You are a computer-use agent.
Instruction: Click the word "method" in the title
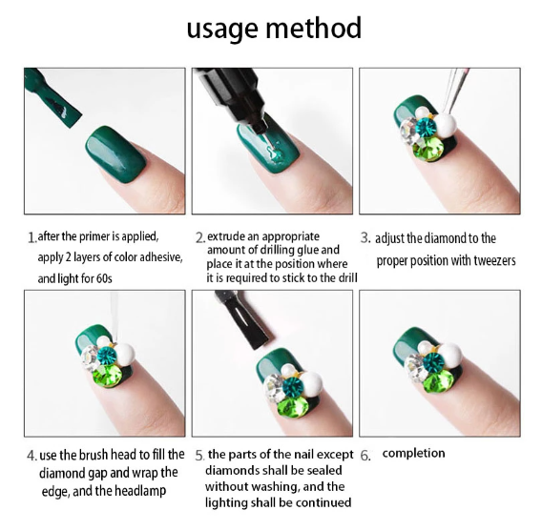pyautogui.click(x=313, y=28)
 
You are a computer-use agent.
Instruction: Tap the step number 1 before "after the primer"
pyautogui.click(x=31, y=237)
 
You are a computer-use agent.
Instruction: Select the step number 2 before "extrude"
pyautogui.click(x=200, y=238)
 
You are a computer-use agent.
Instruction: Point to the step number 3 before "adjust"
pyautogui.click(x=365, y=237)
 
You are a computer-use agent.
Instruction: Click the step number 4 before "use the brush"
pyautogui.click(x=31, y=456)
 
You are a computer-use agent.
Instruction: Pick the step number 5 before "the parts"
pyautogui.click(x=199, y=456)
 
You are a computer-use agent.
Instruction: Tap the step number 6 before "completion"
pyautogui.click(x=365, y=456)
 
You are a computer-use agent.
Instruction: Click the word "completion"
pyautogui.click(x=413, y=453)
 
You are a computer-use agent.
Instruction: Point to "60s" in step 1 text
pyautogui.click(x=104, y=278)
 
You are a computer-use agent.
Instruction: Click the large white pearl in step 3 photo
pyautogui.click(x=446, y=125)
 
